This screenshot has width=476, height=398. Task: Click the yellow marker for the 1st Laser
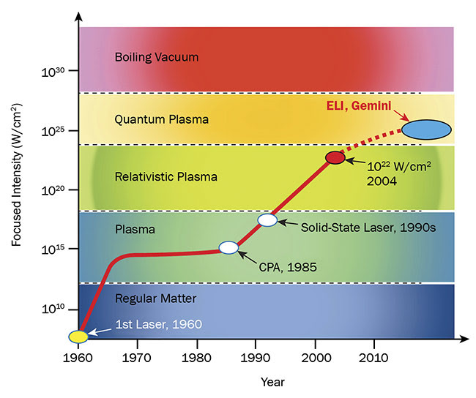pyautogui.click(x=78, y=337)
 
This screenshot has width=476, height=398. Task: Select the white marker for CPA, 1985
pyautogui.click(x=229, y=247)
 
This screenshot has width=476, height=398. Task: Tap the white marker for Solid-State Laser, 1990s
pyautogui.click(x=268, y=219)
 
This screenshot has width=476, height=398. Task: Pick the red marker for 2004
pyautogui.click(x=335, y=157)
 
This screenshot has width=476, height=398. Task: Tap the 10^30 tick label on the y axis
pyautogui.click(x=56, y=72)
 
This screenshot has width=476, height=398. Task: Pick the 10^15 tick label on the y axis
pyautogui.click(x=56, y=249)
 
